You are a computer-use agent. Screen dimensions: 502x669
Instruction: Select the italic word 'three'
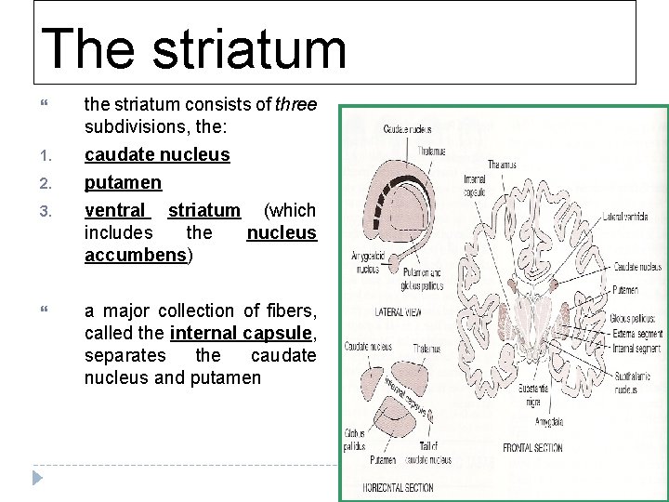[x=297, y=105]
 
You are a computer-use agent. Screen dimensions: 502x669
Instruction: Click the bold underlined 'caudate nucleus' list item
[x=157, y=153]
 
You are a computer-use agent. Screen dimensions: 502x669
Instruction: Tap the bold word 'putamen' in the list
[x=123, y=182]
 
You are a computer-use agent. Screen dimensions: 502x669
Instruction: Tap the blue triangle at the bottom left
[x=37, y=480]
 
